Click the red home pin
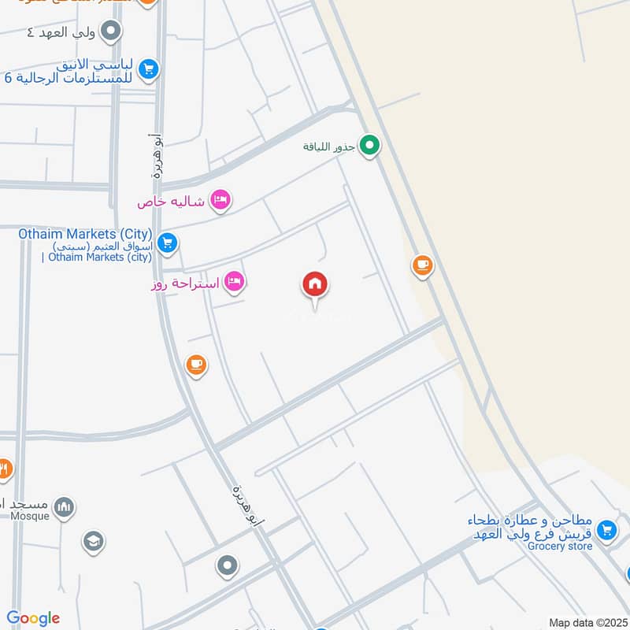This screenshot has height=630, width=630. [x=315, y=285]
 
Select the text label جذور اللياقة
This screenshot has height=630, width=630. [x=329, y=146]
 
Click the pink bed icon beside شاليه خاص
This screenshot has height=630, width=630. [x=220, y=201]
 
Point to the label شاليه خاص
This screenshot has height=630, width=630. [x=171, y=202]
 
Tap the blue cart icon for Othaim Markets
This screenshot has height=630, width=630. [x=166, y=243]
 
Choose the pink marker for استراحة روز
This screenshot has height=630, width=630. [x=234, y=281]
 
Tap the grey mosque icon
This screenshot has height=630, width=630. [x=65, y=506]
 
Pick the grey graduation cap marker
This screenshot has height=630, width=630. [x=93, y=541]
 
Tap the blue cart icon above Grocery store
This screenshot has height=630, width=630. [x=606, y=530]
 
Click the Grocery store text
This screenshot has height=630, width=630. [x=560, y=546]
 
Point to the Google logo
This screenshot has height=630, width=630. [x=33, y=618]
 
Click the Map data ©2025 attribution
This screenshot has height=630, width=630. [x=587, y=622]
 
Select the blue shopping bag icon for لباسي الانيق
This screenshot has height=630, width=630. [x=148, y=71]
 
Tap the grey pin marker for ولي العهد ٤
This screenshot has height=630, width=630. [x=112, y=31]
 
